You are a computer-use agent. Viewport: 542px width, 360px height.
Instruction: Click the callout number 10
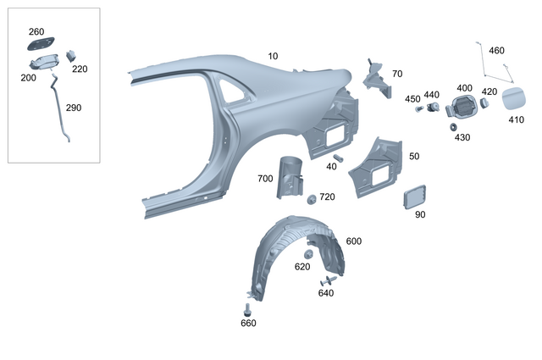tap(273, 57)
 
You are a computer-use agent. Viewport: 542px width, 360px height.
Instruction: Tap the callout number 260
tap(36, 32)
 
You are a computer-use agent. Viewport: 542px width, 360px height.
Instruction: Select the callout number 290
tap(74, 108)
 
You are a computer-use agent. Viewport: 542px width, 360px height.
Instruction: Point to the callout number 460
tap(496, 51)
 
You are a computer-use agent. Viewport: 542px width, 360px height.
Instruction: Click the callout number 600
tap(354, 241)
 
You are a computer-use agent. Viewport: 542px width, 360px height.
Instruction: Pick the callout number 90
tap(420, 215)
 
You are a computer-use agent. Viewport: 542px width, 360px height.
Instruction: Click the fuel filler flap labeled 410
tap(514, 99)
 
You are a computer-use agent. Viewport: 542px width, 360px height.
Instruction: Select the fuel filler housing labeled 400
tap(462, 107)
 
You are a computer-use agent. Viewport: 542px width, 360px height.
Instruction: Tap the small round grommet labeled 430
tap(455, 126)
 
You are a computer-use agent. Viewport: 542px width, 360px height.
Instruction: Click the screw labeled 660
tap(248, 308)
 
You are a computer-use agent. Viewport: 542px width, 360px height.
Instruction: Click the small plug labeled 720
tap(311, 199)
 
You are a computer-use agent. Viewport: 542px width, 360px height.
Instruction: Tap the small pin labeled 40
tap(338, 157)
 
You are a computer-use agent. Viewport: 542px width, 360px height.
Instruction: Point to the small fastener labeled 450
tap(418, 109)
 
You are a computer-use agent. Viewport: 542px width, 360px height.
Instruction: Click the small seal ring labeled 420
tap(484, 102)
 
